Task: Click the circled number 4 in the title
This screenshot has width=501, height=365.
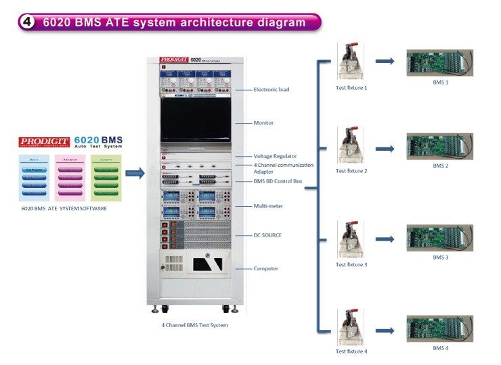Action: click(x=28, y=22)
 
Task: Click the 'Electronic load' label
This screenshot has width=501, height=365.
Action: click(x=271, y=89)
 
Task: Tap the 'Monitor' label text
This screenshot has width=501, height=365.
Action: click(x=264, y=122)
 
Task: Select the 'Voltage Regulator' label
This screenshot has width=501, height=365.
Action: click(x=275, y=156)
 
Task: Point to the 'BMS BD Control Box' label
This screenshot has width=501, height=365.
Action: click(x=278, y=182)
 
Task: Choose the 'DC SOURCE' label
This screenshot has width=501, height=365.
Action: click(x=267, y=235)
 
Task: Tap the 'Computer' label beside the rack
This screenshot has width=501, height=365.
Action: click(x=266, y=268)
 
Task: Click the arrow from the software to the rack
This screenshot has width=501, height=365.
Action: click(x=135, y=174)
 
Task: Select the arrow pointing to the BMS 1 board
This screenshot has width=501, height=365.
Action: click(x=385, y=62)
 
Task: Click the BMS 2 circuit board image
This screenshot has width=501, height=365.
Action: click(x=439, y=146)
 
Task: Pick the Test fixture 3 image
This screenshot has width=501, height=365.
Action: click(x=351, y=239)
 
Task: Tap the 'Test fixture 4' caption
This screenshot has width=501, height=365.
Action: click(x=351, y=351)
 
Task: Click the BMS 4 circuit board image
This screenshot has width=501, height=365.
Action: click(x=439, y=328)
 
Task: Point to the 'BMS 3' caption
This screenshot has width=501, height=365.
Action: click(x=441, y=258)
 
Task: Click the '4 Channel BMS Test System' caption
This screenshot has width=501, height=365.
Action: click(x=194, y=325)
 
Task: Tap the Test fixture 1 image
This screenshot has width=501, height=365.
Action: click(x=351, y=62)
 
